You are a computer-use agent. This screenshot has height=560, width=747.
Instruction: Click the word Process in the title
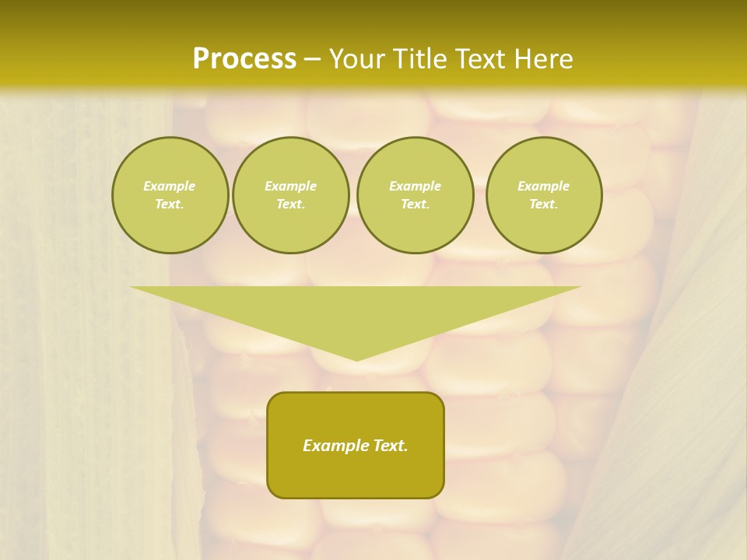click(x=244, y=59)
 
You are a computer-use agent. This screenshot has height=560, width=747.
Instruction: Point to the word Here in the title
click(x=545, y=59)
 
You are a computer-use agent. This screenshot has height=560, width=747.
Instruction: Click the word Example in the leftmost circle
click(x=170, y=186)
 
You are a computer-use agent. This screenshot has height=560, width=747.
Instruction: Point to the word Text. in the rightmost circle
click(x=543, y=204)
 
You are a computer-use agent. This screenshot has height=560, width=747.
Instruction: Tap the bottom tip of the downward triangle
click(x=356, y=359)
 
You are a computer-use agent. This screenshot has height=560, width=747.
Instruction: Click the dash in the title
click(x=312, y=59)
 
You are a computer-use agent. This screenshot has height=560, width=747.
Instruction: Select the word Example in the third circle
click(x=415, y=186)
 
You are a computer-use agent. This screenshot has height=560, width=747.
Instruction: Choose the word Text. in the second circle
click(x=290, y=204)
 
